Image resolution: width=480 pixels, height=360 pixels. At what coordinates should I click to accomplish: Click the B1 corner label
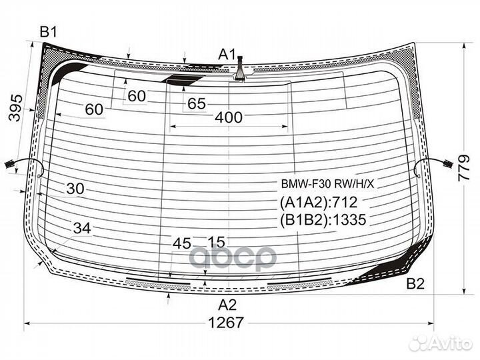pyautogui.click(x=49, y=32)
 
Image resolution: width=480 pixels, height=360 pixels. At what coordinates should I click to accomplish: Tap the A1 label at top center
pyautogui.click(x=227, y=55)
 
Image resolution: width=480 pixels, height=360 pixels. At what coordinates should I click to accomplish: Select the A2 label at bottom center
pyautogui.click(x=227, y=305)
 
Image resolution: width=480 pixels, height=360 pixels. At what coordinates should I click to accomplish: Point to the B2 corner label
pyautogui.click(x=415, y=284)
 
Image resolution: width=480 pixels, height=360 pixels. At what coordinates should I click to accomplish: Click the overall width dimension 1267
pyautogui.click(x=226, y=323)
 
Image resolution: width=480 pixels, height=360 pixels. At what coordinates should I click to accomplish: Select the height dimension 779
pyautogui.click(x=464, y=168)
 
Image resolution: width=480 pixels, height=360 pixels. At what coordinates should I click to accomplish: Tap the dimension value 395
pyautogui.click(x=15, y=108)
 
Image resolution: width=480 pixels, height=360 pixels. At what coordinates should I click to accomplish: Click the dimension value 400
pyautogui.click(x=229, y=117)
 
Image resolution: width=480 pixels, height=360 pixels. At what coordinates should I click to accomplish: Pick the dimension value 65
pyautogui.click(x=197, y=104)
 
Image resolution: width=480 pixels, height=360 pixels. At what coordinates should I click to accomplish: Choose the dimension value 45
pyautogui.click(x=182, y=244)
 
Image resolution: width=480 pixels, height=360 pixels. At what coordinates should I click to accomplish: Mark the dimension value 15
pyautogui.click(x=217, y=242)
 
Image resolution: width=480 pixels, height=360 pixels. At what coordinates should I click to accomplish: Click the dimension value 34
pyautogui.click(x=83, y=229)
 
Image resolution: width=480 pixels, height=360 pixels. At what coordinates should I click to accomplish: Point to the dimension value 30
pyautogui.click(x=75, y=189)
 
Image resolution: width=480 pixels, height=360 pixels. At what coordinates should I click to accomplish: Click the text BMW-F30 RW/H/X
pyautogui.click(x=327, y=184)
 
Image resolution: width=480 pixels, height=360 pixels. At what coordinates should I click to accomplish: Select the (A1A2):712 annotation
pyautogui.click(x=319, y=203)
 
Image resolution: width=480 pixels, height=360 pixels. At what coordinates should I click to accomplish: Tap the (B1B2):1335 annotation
pyautogui.click(x=323, y=219)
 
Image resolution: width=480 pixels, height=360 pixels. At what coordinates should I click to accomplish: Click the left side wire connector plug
pyautogui.click(x=9, y=165)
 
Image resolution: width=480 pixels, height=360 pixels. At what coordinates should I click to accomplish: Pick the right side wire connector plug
pyautogui.click(x=448, y=165)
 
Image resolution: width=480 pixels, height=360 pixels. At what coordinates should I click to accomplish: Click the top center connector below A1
pyautogui.click(x=240, y=69)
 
